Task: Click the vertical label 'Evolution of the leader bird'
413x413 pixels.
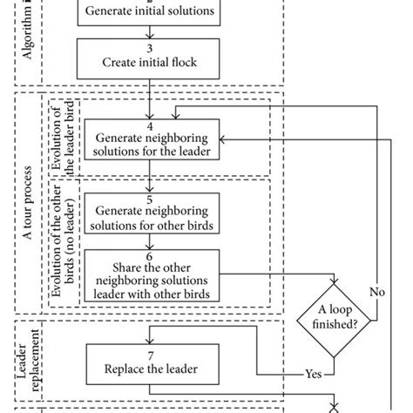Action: tap(63, 139)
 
